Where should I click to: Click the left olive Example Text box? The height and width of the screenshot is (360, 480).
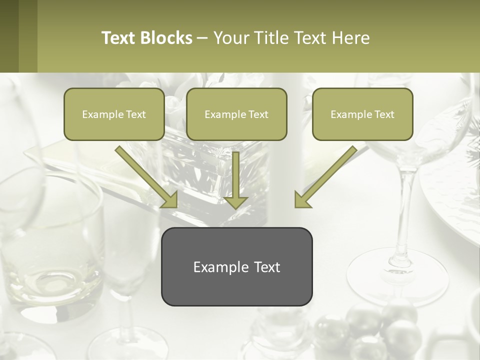(x=114, y=114)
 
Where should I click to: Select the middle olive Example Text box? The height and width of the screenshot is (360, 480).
(x=236, y=114)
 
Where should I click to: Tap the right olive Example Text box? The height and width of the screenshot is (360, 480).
(x=362, y=114)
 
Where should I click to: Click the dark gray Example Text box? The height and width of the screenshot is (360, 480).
(x=236, y=266)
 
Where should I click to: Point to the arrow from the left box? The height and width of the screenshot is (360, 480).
(x=145, y=176)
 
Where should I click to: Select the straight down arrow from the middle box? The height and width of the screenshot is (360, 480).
(x=236, y=180)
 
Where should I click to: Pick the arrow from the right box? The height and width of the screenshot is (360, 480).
(x=327, y=176)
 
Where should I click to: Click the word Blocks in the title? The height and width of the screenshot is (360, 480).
(x=166, y=38)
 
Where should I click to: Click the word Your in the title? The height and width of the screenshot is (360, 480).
(x=230, y=38)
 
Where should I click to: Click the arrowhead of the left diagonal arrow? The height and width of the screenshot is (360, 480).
(x=170, y=200)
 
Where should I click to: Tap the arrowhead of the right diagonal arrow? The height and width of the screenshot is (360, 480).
(x=302, y=200)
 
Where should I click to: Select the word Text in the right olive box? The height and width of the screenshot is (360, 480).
(x=384, y=114)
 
